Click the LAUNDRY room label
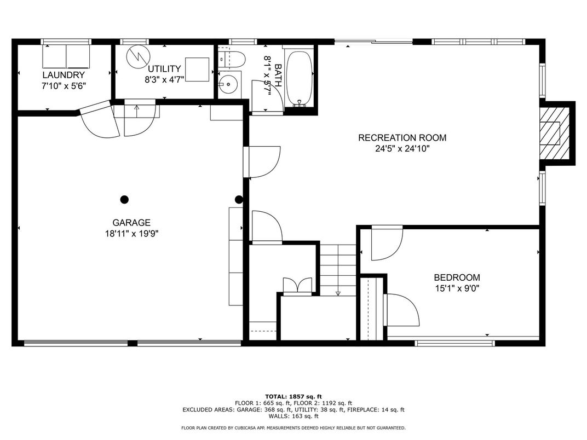click(x=64, y=75)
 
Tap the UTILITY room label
click(x=164, y=69)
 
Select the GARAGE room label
click(x=131, y=223)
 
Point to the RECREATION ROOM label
click(x=402, y=138)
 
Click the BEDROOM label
click(x=457, y=277)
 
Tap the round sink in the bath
click(x=228, y=85)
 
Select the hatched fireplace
click(x=554, y=133)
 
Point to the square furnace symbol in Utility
click(x=197, y=70)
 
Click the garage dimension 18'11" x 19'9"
click(x=131, y=234)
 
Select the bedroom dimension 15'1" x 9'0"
click(x=457, y=288)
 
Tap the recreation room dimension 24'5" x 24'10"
click(x=402, y=149)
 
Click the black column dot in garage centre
click(x=124, y=199)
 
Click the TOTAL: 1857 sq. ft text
click(x=293, y=397)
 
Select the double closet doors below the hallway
click(x=297, y=285)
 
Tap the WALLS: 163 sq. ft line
click(x=293, y=416)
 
